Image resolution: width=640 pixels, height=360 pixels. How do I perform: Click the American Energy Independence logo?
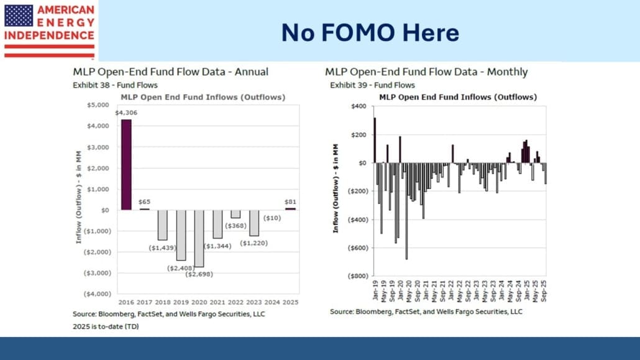[49, 29]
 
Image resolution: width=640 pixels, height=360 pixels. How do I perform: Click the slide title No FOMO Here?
[370, 32]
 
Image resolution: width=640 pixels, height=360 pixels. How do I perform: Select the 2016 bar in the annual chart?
[126, 165]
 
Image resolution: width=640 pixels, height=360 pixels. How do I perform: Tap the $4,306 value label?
[126, 113]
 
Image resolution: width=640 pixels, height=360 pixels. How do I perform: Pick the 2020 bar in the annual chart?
[199, 238]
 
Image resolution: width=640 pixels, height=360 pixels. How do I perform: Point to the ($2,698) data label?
[199, 273]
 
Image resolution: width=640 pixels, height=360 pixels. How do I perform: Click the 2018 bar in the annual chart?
[162, 224]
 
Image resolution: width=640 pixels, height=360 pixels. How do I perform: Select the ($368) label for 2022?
[235, 226]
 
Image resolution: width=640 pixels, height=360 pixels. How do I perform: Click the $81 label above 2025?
[291, 201]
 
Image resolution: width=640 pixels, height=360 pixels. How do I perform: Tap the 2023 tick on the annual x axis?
[254, 302]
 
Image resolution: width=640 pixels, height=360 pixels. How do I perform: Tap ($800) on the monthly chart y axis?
[356, 275]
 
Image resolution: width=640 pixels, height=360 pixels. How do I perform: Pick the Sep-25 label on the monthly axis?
[545, 289]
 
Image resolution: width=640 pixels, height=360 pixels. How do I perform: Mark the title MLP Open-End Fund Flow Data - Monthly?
[426, 72]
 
